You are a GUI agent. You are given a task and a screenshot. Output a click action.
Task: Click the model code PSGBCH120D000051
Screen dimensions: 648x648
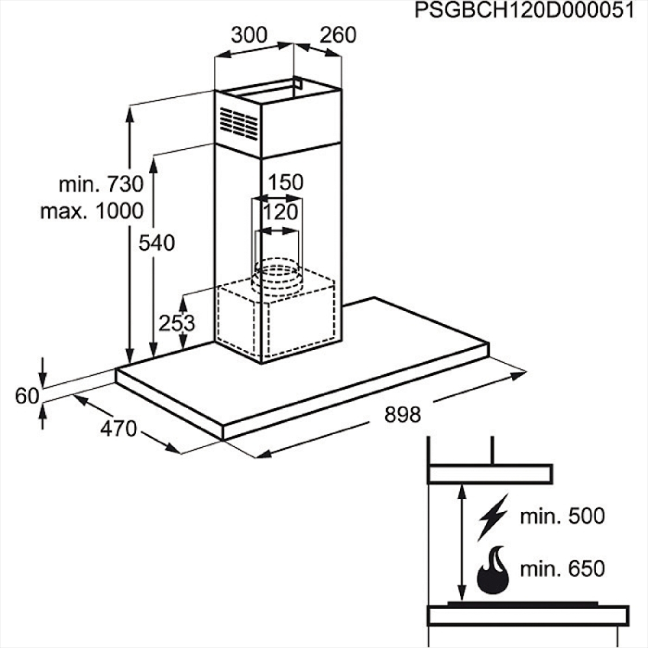524,10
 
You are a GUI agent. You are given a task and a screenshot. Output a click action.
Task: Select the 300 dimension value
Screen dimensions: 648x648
249,35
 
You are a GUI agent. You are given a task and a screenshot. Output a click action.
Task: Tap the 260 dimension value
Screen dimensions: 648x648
337,35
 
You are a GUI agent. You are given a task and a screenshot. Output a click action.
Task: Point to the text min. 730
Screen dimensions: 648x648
101,184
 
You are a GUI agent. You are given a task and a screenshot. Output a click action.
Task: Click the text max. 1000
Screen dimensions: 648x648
92,211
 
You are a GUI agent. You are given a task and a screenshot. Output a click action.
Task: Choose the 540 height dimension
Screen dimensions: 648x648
157,243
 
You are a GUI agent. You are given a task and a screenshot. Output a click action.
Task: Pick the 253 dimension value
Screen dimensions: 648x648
177,323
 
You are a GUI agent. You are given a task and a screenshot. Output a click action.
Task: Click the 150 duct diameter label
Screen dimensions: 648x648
286,183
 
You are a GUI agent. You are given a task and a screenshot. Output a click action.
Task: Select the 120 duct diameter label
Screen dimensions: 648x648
280,212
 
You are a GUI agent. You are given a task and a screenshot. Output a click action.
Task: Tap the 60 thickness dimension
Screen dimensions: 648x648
27,396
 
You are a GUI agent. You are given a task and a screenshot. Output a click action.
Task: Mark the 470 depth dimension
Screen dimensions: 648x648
119,429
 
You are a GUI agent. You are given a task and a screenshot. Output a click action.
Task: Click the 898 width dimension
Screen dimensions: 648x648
402,415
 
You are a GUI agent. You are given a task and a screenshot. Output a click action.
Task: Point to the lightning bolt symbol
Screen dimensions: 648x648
492,517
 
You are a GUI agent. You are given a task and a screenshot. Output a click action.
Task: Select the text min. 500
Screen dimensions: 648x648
562,516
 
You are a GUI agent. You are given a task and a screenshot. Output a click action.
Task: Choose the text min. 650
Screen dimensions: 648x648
562,569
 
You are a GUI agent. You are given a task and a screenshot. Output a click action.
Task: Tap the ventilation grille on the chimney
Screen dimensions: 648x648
239,124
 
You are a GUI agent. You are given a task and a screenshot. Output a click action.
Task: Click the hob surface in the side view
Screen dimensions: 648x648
528,616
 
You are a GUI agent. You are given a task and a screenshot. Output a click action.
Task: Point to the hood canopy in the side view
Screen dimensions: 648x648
490,475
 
